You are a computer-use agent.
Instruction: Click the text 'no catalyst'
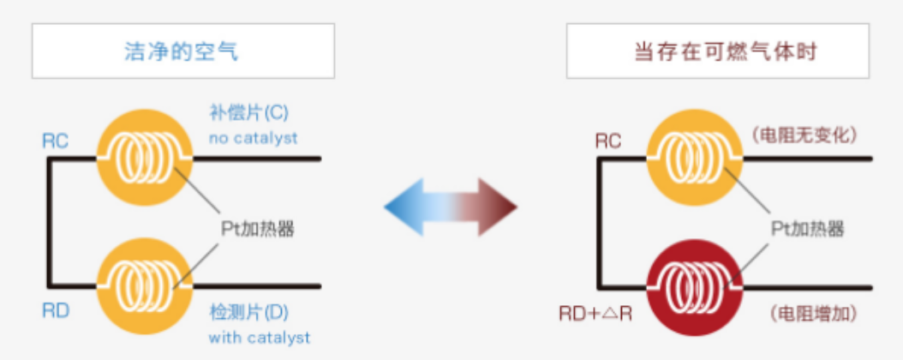tap(253, 137)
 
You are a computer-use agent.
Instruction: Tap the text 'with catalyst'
tap(259, 337)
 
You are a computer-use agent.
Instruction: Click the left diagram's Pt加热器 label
tap(259, 228)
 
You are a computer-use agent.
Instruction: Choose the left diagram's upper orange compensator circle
tap(142, 158)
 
